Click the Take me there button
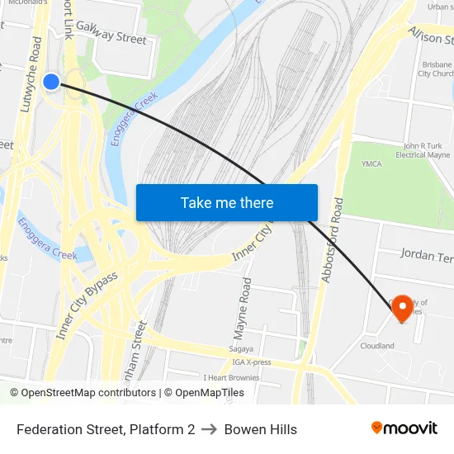click(227, 202)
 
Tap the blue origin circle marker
click(51, 81)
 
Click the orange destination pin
click(403, 310)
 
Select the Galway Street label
click(111, 32)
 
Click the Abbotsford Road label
click(332, 240)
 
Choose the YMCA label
click(371, 163)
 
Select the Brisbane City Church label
click(434, 69)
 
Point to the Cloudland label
click(376, 346)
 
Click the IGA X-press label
click(252, 362)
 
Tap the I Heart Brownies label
click(232, 378)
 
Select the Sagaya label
click(242, 350)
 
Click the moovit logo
click(404, 428)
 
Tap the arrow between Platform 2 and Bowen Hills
click(210, 429)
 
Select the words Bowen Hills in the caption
click(261, 429)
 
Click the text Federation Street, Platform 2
click(106, 429)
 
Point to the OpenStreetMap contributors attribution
click(83, 393)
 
